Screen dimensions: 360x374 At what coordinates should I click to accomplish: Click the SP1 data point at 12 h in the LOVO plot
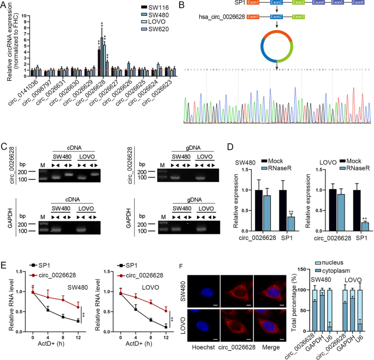coord(164,327)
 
